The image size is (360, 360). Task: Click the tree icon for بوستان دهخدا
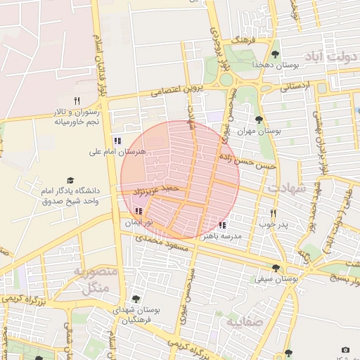(275, 54)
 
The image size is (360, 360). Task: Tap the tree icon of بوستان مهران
(259, 120)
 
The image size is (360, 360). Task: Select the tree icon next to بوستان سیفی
(276, 268)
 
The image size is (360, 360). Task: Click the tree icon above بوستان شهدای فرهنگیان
(136, 299)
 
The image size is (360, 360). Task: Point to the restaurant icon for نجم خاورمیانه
(77, 101)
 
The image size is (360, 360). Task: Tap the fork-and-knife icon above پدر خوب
(274, 213)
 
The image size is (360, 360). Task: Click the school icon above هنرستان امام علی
(117, 140)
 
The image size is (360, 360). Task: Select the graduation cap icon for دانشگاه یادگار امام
(70, 181)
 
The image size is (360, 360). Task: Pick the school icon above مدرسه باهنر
(222, 225)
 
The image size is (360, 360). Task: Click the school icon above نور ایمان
(139, 211)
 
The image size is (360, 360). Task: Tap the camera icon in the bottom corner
(345, 349)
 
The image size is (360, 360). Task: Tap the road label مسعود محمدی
(159, 245)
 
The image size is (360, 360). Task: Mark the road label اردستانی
(295, 88)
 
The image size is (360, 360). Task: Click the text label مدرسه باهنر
(221, 237)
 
